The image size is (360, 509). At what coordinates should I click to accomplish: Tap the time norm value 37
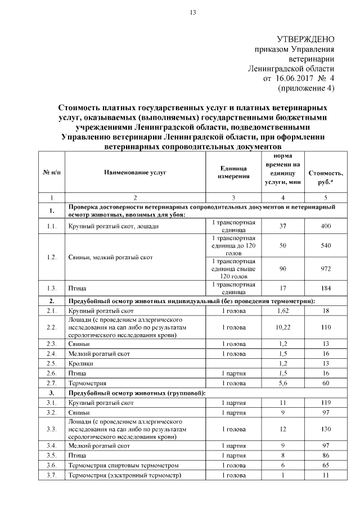pyautogui.click(x=283, y=226)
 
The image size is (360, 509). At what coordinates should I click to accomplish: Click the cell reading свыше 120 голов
pyautogui.click(x=233, y=269)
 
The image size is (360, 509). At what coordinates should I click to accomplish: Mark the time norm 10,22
pyautogui.click(x=283, y=327)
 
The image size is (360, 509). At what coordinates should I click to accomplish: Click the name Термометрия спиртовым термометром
pyautogui.click(x=115, y=466)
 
